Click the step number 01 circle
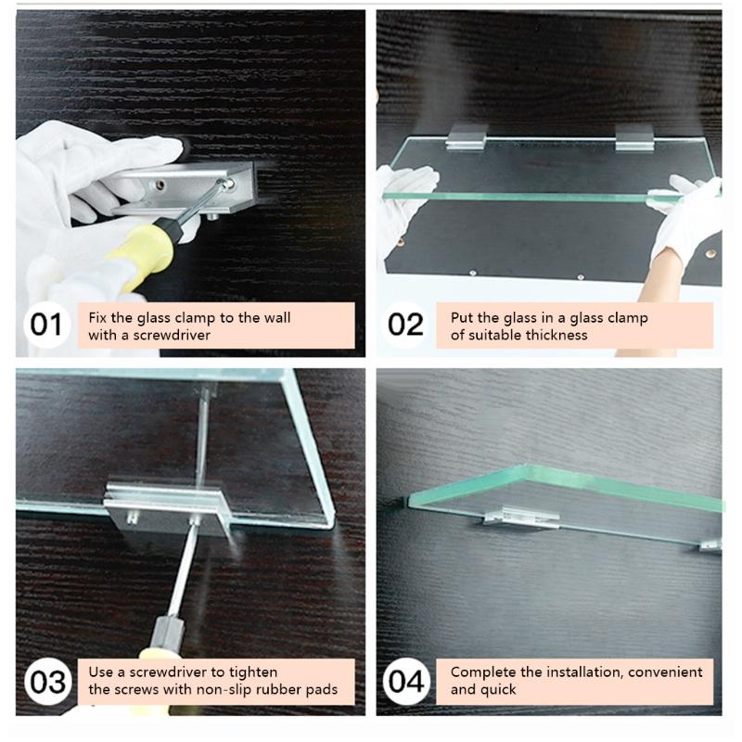[x=45, y=325]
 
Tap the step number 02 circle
[x=405, y=325]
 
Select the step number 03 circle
[x=45, y=682]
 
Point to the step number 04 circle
[x=405, y=682]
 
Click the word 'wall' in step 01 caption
[x=275, y=317]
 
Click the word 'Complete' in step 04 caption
[x=481, y=672]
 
